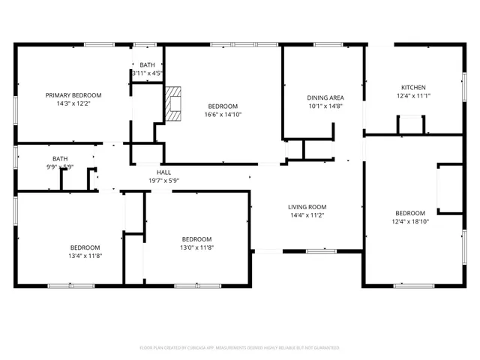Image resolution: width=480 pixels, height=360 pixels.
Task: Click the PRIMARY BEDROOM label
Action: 73,95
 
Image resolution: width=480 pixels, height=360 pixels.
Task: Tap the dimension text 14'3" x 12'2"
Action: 73,104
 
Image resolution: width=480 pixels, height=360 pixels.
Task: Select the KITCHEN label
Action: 412,87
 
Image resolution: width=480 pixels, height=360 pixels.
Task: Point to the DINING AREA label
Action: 325,97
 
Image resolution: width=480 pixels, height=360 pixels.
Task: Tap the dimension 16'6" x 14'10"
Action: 223,115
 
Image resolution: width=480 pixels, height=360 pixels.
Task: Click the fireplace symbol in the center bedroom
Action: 174,103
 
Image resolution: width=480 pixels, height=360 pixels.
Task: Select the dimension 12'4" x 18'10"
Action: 410,221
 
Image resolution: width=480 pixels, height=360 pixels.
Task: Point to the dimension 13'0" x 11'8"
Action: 196,247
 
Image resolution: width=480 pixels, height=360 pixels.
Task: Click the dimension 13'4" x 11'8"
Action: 85,256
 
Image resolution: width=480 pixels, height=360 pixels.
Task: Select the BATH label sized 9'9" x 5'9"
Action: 60,158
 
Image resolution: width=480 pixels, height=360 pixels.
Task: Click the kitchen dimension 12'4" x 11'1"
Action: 412,96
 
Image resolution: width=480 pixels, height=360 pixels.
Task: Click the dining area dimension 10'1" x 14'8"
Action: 325,106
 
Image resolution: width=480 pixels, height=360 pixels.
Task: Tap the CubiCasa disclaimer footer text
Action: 240,348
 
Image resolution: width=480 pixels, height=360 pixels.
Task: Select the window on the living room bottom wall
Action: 321,251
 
